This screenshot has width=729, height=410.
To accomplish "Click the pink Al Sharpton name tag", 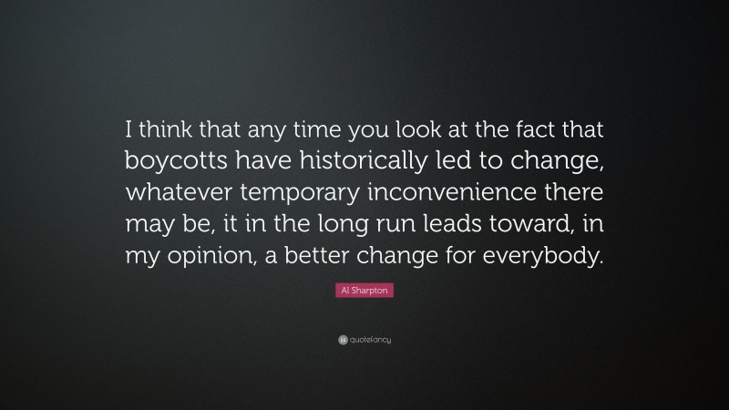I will tap(364, 292).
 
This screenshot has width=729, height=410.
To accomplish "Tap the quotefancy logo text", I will tap(370, 340).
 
